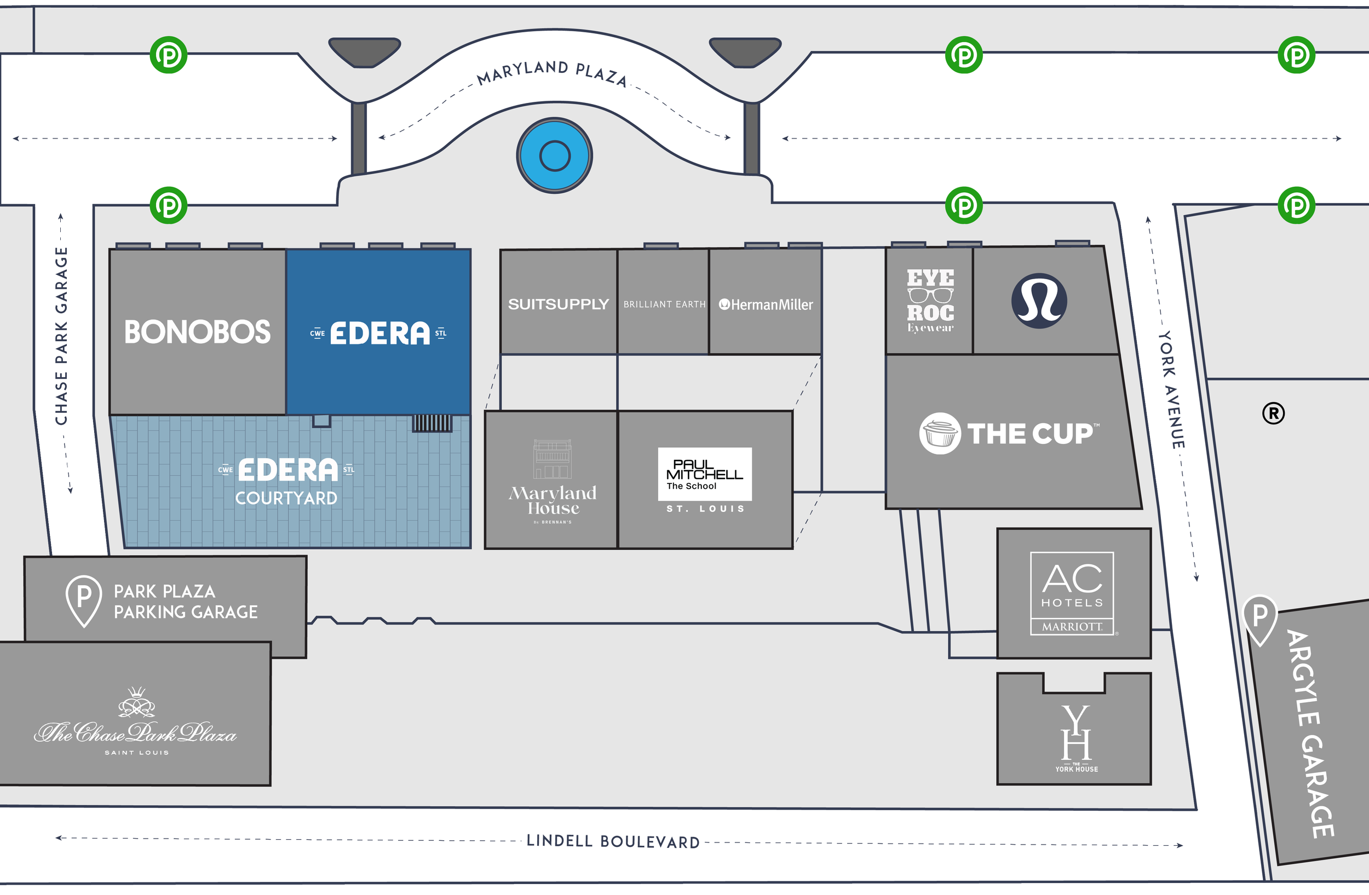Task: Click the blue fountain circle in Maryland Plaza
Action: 555,156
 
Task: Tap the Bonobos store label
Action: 197,332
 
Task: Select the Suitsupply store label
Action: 558,304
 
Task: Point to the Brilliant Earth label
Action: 664,305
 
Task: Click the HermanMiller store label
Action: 766,305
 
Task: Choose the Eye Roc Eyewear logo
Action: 930,301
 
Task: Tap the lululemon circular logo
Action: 1039,301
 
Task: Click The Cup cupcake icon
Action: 939,434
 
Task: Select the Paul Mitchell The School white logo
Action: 705,474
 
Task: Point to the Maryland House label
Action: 553,501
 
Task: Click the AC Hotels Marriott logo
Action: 1072,593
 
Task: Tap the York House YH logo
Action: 1075,736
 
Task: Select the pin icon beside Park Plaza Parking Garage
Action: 84,600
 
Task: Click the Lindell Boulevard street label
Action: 613,841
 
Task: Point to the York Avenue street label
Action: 1171,390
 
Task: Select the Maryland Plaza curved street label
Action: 551,73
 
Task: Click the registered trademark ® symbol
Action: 1273,413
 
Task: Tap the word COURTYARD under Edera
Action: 286,498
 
